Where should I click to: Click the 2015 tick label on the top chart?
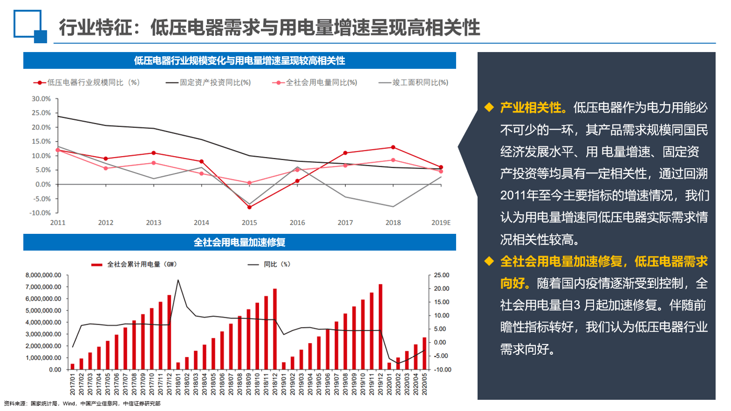(249, 223)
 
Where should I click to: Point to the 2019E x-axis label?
(441, 223)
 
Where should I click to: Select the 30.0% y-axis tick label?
(41, 99)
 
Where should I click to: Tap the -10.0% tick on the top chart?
(40, 213)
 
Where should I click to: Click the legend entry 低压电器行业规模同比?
(87, 82)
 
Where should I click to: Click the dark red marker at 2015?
(249, 207)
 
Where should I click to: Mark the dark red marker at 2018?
(393, 148)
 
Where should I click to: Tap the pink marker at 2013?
(153, 163)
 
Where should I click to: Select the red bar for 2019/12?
(381, 327)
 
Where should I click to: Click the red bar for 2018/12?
(275, 329)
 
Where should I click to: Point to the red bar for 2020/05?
(425, 353)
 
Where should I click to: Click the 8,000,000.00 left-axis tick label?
(43, 276)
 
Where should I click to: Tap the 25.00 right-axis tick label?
(442, 276)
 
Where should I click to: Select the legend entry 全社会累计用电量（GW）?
(134, 264)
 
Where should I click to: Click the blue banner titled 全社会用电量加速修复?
(239, 242)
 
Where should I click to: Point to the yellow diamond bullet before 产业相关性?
(489, 107)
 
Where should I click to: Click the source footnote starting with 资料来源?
(82, 404)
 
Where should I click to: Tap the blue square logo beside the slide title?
(30, 26)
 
